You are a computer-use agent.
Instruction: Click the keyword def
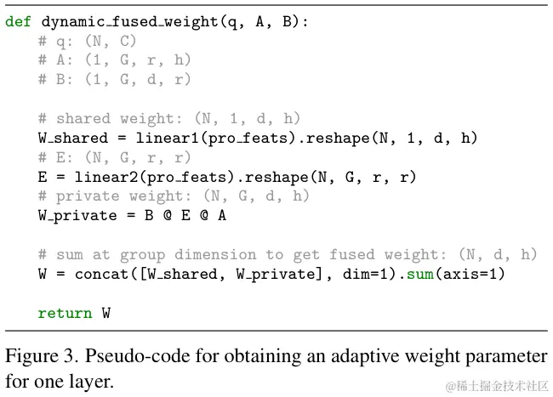coord(19,21)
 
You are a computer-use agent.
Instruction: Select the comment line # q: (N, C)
coord(87,41)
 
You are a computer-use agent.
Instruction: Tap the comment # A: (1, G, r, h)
coord(114,60)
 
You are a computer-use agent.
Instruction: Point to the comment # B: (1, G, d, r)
coord(114,79)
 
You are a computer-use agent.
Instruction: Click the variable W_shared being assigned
coord(72,138)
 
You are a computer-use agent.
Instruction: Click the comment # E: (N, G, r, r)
coord(114,157)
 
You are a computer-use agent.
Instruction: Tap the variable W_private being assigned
coord(77,215)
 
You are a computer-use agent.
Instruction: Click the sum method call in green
coord(421,274)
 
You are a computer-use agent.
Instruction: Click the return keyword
coord(65,313)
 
